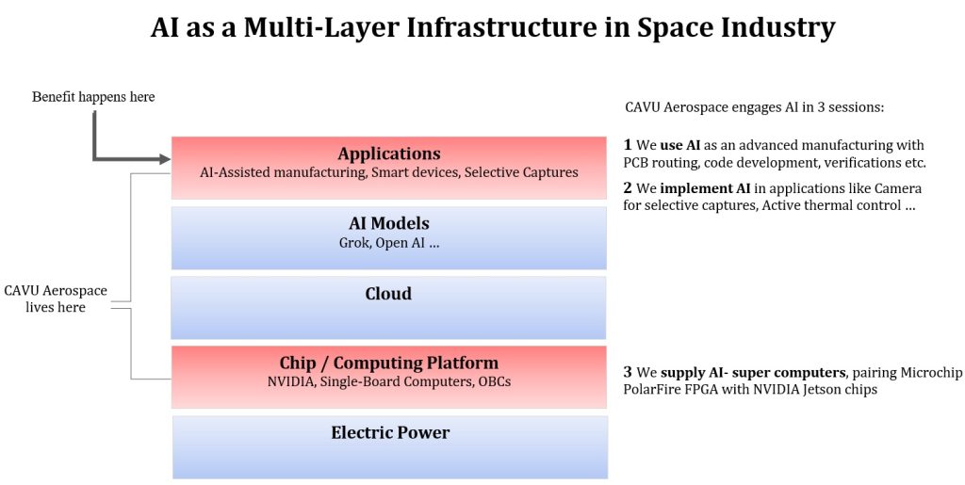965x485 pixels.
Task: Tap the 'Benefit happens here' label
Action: point(93,97)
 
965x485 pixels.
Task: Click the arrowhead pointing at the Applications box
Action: point(161,157)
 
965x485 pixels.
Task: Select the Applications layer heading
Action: point(388,154)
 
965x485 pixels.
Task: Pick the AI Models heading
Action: point(388,223)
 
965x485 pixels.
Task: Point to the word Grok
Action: point(354,242)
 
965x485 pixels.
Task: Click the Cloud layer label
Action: point(388,294)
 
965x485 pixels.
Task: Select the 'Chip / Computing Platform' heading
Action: point(388,363)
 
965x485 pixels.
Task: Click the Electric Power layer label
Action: point(390,432)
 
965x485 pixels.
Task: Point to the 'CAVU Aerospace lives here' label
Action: point(56,299)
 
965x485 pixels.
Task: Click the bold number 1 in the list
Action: point(629,145)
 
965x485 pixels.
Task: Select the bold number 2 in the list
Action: point(629,188)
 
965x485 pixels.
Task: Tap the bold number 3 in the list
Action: point(629,372)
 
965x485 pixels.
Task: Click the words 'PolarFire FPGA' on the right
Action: point(668,389)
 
